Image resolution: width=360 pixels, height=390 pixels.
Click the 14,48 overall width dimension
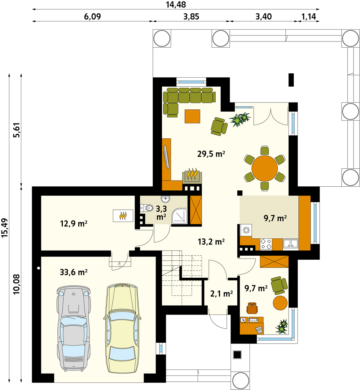point(176,4)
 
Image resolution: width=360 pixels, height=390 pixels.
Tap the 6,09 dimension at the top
point(92,16)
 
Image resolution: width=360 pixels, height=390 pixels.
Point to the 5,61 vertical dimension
point(17,130)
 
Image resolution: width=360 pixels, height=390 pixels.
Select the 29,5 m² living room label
point(211,154)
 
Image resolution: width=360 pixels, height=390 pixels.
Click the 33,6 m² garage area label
point(74,272)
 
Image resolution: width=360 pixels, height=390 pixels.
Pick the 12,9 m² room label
point(74,224)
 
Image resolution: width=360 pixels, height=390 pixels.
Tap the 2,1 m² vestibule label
point(221,294)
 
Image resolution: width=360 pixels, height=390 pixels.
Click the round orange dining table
point(265,168)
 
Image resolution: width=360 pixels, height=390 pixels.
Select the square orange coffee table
point(192,116)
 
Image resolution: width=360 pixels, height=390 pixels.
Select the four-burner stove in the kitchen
point(266,244)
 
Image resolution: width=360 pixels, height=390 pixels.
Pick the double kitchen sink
point(291,244)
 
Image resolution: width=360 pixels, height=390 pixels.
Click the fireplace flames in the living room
point(192,174)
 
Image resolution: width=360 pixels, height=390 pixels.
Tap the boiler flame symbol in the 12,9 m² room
point(123,215)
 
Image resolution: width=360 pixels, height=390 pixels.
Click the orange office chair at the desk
point(252,308)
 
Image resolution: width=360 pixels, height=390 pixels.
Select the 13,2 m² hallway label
point(211,242)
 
